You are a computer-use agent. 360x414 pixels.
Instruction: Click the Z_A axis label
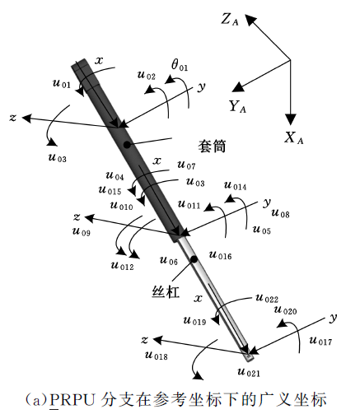[x=230, y=20]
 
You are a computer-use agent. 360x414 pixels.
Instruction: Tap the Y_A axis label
[x=237, y=106]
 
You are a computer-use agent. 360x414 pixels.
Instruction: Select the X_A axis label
[x=293, y=137]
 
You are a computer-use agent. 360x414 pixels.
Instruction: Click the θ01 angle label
[x=180, y=65]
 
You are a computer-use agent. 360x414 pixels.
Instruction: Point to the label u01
[x=62, y=83]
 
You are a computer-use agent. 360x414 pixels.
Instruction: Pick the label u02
[x=147, y=75]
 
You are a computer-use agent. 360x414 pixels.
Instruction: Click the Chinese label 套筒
[x=212, y=146]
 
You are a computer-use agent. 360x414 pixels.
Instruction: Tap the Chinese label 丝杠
[x=166, y=292]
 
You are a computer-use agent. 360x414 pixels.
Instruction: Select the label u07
[x=186, y=165]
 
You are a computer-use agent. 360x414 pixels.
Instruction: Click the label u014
[x=236, y=186]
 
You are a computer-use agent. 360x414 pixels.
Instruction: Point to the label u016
[x=220, y=255]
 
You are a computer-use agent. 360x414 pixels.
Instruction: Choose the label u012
[x=122, y=266]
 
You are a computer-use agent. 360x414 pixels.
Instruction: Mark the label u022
[x=267, y=298]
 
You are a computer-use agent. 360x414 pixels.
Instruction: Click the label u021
[x=249, y=372]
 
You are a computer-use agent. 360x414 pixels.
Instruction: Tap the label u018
[x=156, y=356]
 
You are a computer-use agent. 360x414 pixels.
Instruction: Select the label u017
[x=320, y=341]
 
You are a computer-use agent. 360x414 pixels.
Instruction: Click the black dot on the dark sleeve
[x=127, y=145]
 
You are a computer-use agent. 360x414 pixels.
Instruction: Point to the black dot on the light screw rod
[x=194, y=259]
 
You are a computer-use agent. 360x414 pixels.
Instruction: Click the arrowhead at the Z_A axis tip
[x=250, y=20]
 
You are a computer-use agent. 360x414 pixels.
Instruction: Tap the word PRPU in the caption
[x=72, y=400]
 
